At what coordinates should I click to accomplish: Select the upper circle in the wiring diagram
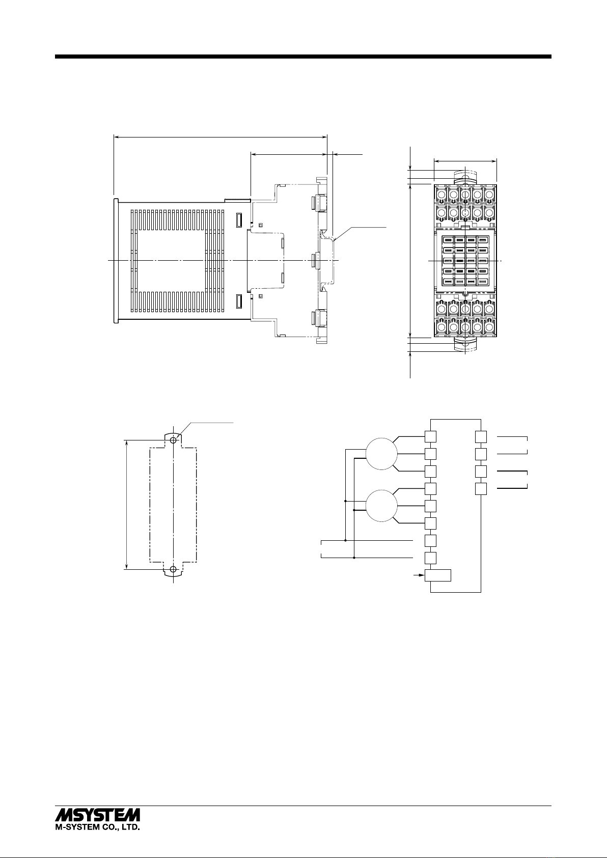(381, 454)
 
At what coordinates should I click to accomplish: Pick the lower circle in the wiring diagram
(381, 506)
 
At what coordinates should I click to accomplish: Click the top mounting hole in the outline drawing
(174, 441)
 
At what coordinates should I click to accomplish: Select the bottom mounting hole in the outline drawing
(174, 570)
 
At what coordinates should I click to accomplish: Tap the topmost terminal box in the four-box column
(481, 437)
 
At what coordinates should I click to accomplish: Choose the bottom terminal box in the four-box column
(481, 489)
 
